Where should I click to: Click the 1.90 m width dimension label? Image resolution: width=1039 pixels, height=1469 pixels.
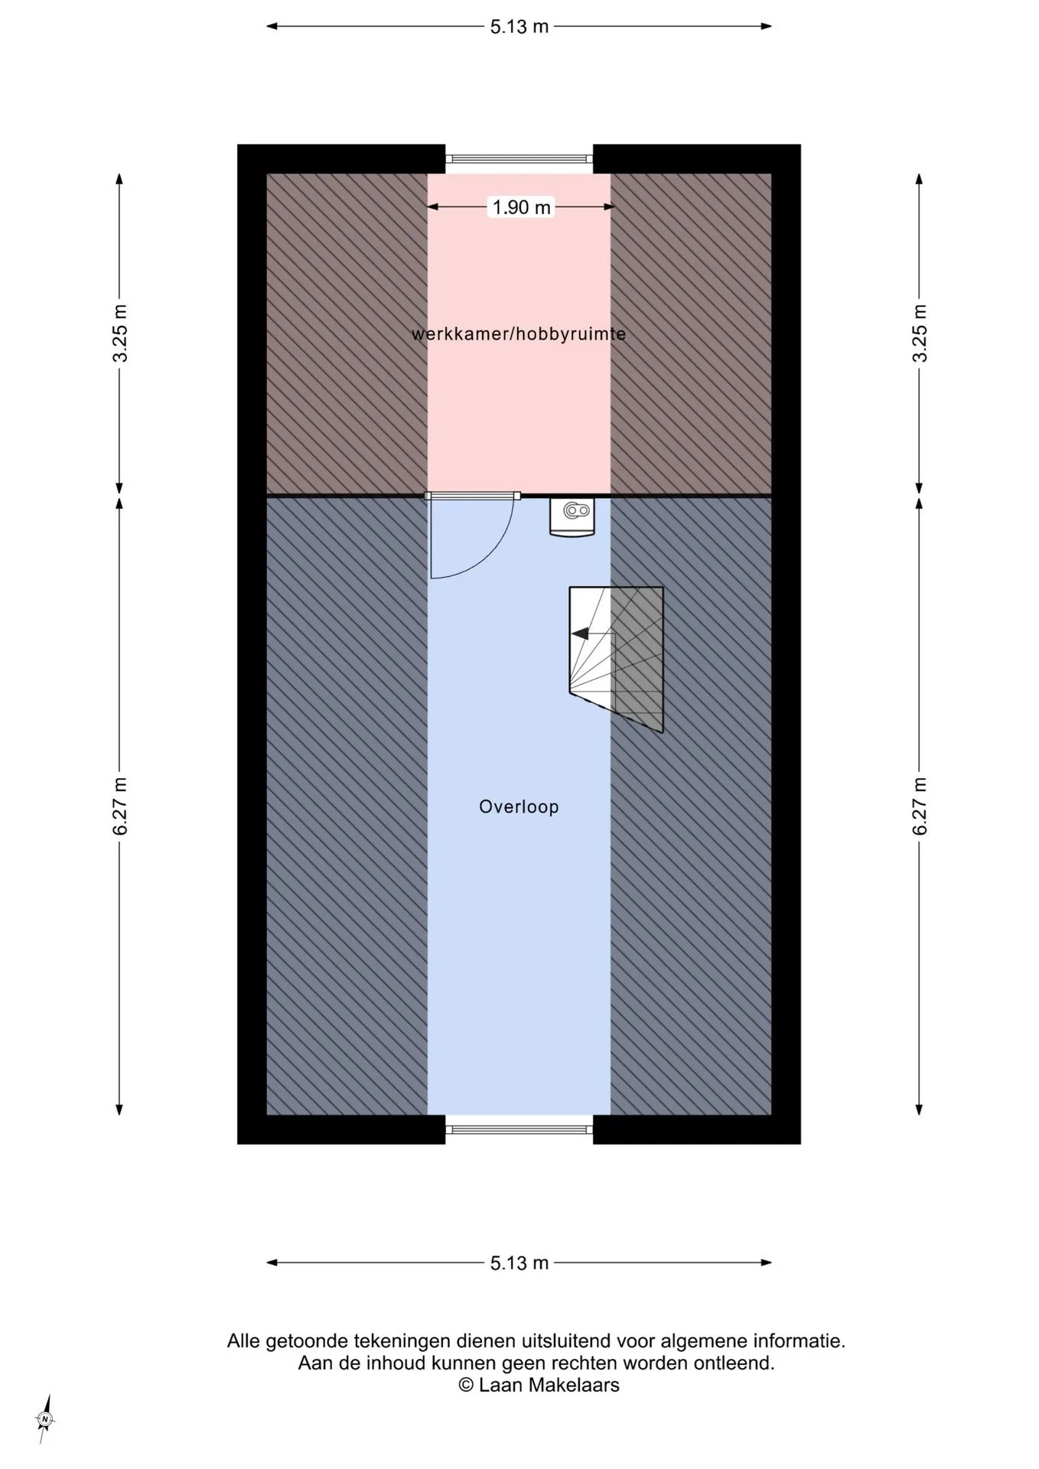pos(521,207)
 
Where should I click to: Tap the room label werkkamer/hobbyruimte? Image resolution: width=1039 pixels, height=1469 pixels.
pos(519,334)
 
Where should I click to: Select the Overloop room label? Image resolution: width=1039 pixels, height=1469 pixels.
pos(519,806)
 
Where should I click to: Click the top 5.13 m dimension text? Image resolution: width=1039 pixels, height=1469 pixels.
pos(519,26)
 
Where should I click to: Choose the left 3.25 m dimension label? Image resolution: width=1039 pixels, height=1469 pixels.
pos(120,334)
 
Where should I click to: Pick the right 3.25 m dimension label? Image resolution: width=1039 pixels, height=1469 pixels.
pos(920,334)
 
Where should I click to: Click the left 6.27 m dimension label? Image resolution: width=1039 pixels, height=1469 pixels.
pos(120,806)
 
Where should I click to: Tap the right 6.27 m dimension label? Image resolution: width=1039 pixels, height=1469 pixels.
pos(920,806)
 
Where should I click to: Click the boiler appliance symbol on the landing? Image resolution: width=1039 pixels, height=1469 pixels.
pos(572,517)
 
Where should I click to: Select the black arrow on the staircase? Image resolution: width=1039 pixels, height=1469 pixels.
pos(580,634)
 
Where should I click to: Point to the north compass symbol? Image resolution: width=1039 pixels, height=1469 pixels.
pos(45,1420)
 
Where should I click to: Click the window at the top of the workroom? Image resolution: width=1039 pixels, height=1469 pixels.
pos(519,159)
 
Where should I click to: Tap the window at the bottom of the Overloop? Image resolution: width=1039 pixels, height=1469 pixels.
pos(519,1129)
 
